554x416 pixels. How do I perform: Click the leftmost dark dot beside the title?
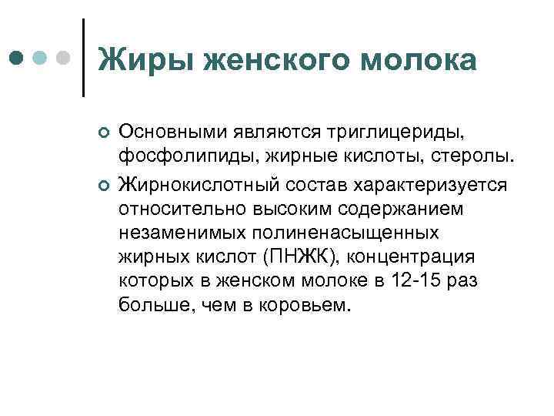point(17,59)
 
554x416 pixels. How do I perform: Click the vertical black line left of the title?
point(83,58)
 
